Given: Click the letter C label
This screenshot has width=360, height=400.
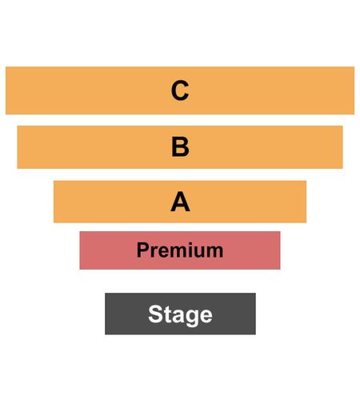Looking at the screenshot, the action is [180, 90].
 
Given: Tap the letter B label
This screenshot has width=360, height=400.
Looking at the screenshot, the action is [180, 146].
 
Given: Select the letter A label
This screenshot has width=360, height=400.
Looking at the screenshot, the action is [180, 202].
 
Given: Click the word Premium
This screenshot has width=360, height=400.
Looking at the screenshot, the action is [180, 250].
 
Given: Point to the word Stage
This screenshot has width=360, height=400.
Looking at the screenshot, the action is [180, 314].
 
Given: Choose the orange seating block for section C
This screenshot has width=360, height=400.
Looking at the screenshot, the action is [180, 90].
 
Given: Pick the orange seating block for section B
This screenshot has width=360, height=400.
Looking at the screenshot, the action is [180, 147].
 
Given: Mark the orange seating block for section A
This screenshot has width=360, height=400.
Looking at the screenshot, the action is [180, 202].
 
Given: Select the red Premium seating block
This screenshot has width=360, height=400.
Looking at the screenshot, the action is [180, 250].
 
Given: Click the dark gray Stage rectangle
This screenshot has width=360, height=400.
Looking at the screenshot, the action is [180, 314].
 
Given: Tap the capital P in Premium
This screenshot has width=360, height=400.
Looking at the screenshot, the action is [143, 250].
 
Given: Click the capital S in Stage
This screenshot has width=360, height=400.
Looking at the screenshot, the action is [155, 314].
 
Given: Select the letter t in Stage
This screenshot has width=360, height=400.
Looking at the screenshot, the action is [167, 314].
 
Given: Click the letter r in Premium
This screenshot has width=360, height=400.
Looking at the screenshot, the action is [155, 252].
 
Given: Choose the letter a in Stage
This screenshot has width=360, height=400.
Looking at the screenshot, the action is [178, 317].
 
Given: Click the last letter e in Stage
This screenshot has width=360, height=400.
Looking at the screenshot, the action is [206, 317].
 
